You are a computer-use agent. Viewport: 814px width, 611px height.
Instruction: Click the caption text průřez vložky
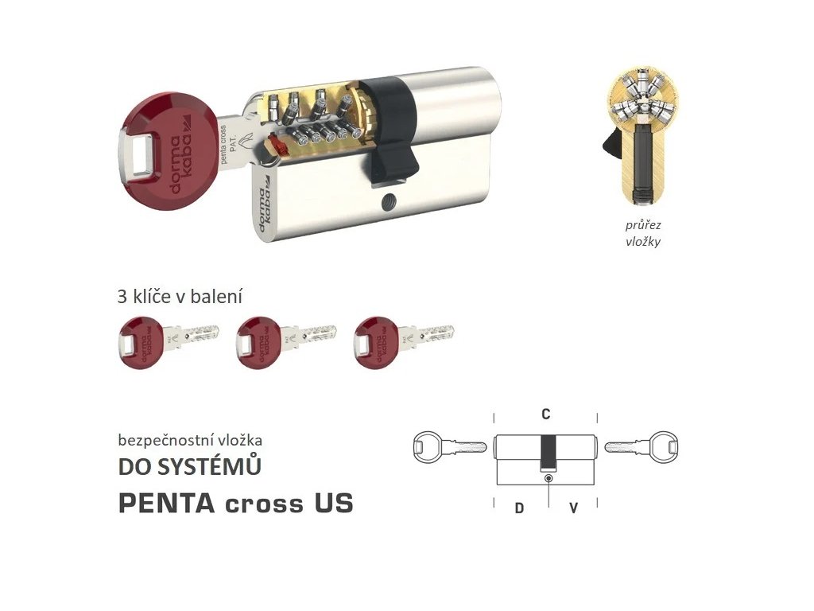pos(642,234)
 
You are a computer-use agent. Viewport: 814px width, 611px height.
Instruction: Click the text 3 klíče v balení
pos(180,297)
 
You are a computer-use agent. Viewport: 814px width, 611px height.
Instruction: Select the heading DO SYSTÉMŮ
pos(189,467)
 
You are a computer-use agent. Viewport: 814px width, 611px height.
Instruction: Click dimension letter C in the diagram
pos(546,414)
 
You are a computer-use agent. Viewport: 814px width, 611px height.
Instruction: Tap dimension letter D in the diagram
pos(519,508)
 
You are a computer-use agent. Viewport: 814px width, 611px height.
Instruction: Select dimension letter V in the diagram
pos(573,508)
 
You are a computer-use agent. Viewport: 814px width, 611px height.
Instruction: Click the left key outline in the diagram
pos(449,447)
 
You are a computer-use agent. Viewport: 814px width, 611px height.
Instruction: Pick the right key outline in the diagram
pos(642,446)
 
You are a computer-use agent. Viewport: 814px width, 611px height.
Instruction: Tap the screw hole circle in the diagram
pos(547,477)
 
